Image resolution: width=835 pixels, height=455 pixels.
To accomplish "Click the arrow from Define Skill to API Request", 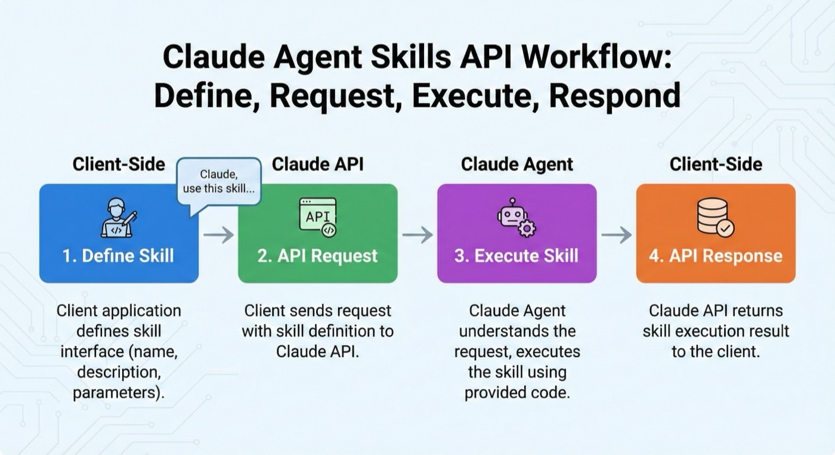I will pyautogui.click(x=218, y=235).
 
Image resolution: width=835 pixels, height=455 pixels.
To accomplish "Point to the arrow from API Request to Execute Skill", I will pyautogui.click(x=417, y=235).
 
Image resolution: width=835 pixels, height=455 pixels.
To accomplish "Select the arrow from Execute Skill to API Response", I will pyautogui.click(x=616, y=235).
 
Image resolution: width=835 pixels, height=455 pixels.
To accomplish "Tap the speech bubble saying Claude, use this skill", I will pyautogui.click(x=219, y=181).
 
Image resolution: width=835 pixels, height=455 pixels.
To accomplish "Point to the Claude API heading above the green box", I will pyautogui.click(x=317, y=165).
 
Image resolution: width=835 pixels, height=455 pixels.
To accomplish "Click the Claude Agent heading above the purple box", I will pyautogui.click(x=517, y=165).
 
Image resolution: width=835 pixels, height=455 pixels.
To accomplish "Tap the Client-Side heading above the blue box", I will pyautogui.click(x=119, y=165).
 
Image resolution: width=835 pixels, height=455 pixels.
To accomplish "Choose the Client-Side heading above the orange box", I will pyautogui.click(x=716, y=165).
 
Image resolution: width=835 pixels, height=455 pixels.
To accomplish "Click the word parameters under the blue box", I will pyautogui.click(x=113, y=393).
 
